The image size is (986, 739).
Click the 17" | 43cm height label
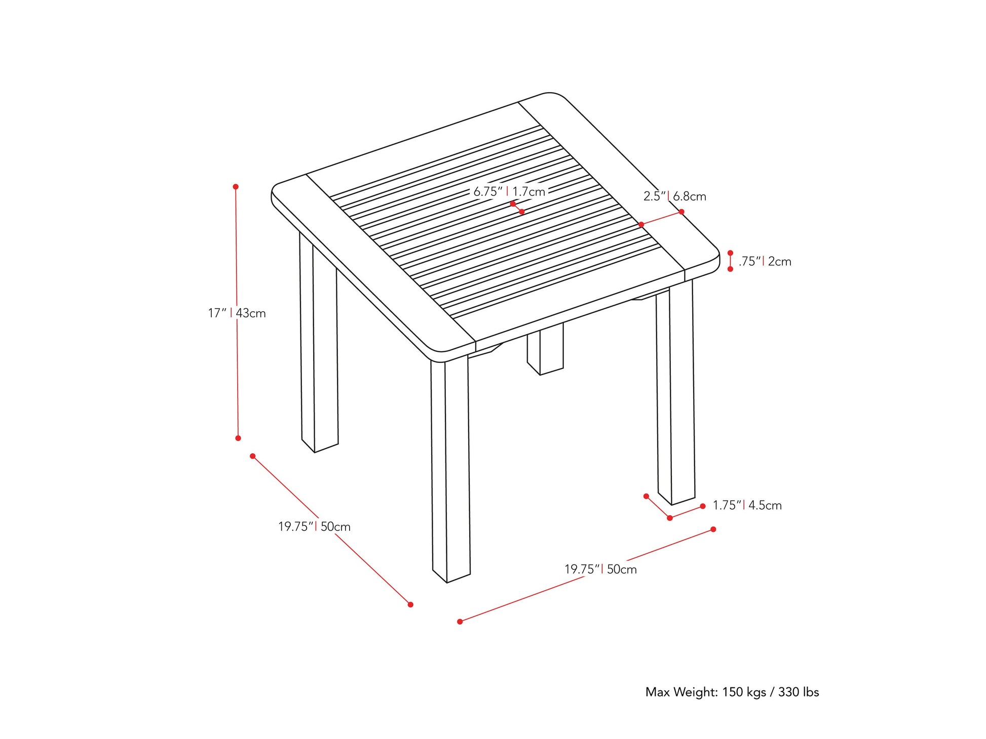coord(237,313)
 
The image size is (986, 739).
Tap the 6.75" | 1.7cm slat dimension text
coord(509,192)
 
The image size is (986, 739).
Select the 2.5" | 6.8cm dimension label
coord(674,196)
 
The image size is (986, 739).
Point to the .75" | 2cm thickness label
coord(764,262)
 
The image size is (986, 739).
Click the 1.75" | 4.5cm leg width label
coord(747,505)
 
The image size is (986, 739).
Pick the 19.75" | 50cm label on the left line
coord(314,527)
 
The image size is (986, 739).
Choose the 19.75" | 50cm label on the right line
coord(600,569)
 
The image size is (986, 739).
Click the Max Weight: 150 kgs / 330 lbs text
coord(732,692)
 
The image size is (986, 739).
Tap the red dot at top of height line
coord(236,187)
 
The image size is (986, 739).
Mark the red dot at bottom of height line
coord(238,438)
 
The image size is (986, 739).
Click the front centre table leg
coord(450,471)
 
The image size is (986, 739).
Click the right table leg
coord(676,395)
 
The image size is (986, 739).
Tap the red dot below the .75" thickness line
coord(730,269)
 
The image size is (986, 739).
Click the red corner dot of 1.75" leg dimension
coord(670,518)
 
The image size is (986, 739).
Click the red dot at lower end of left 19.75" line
coord(410,604)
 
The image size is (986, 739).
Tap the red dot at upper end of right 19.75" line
coord(713,529)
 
